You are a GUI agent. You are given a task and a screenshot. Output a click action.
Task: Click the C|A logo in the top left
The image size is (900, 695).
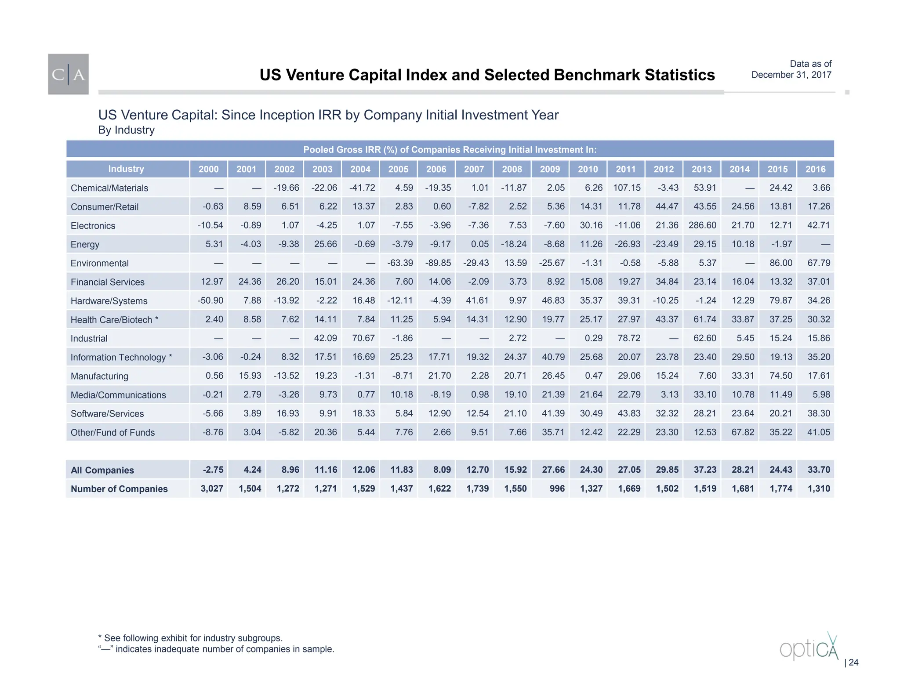(x=68, y=74)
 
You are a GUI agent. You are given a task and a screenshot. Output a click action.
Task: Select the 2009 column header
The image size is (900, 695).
(x=550, y=169)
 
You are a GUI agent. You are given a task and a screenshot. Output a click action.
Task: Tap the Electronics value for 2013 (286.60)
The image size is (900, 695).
(x=702, y=225)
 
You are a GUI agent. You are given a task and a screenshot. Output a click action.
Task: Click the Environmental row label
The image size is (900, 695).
(x=100, y=263)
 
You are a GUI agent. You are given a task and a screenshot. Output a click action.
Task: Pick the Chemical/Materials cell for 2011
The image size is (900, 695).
(x=627, y=188)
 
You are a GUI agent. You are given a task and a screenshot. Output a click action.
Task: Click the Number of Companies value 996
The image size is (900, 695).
(x=557, y=489)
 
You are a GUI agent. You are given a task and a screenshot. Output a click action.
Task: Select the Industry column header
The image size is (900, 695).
(x=126, y=169)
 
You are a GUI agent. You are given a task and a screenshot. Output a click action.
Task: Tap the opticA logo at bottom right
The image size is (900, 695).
(x=809, y=647)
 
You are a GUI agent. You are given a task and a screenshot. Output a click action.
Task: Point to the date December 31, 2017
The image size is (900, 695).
(x=791, y=75)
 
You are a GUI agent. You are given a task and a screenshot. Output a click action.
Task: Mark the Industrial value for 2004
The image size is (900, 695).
(x=363, y=338)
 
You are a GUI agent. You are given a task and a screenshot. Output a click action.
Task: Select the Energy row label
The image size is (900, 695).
(x=85, y=244)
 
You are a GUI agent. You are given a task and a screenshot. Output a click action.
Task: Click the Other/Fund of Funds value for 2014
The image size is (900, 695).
(x=743, y=432)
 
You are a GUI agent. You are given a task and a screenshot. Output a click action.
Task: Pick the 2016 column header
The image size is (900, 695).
(x=815, y=169)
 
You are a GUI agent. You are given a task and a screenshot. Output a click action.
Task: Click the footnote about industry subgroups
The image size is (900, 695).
(x=190, y=638)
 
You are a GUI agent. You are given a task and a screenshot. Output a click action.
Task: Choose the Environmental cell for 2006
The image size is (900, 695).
(x=438, y=263)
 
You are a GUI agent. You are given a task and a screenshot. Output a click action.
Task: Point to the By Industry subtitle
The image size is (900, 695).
(x=127, y=130)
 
